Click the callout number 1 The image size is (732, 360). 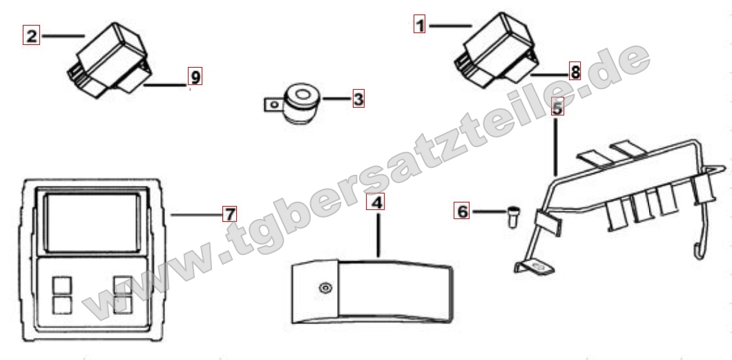(420, 24)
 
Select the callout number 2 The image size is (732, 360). (31, 35)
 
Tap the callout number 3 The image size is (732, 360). (358, 99)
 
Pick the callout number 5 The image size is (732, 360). (557, 107)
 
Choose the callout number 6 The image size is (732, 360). (462, 211)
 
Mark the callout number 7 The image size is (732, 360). (229, 214)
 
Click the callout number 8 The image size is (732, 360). (575, 71)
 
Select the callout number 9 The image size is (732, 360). (195, 77)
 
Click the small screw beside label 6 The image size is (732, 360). (513, 216)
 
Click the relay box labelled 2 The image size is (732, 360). (110, 61)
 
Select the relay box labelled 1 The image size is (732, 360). (497, 50)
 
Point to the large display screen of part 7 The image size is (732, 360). (93, 222)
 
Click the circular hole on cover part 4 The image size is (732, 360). (325, 287)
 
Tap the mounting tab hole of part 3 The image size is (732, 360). (276, 104)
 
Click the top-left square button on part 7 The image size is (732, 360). (62, 285)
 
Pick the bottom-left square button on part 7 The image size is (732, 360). (62, 305)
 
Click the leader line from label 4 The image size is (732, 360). (378, 235)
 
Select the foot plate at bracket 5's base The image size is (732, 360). (535, 267)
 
